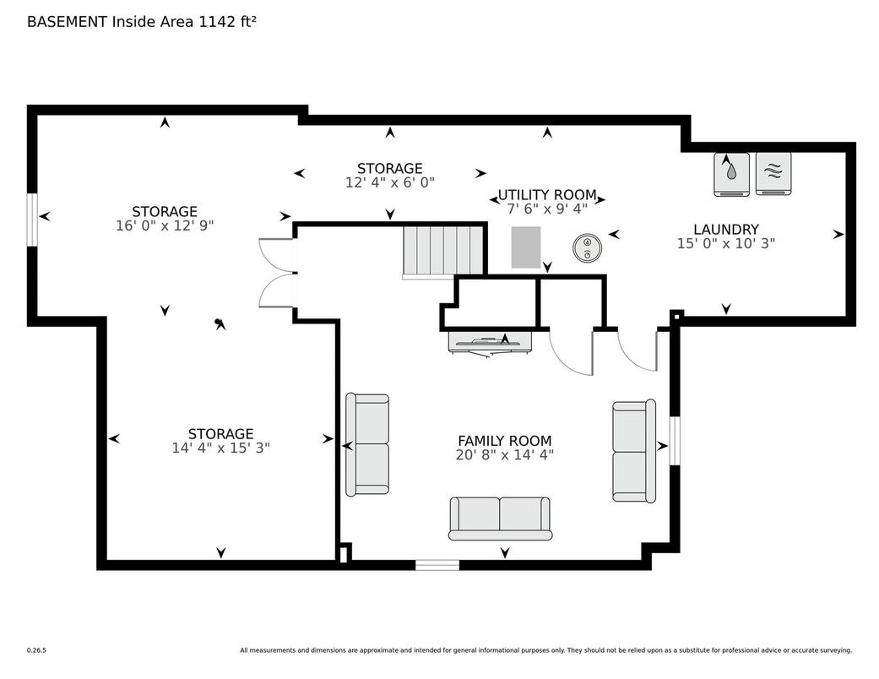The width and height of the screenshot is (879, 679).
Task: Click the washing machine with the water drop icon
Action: click(731, 174)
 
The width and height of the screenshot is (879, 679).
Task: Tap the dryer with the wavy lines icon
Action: click(773, 174)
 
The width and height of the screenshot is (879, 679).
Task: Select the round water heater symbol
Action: click(588, 247)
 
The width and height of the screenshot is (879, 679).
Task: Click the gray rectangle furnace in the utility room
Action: click(526, 247)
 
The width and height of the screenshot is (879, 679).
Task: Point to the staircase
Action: click(442, 252)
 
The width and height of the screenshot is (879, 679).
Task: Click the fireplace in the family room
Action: click(491, 343)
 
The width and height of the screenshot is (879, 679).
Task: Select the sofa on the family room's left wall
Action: click(367, 444)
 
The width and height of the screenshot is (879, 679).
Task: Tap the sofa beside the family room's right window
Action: click(634, 450)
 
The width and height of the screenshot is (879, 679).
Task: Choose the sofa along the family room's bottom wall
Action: click(500, 518)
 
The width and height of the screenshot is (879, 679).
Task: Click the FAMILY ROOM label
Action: click(505, 441)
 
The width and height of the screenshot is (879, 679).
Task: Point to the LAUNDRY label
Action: click(726, 230)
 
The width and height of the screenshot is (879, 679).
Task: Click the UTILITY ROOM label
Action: click(547, 195)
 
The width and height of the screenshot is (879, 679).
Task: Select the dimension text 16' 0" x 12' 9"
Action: click(165, 225)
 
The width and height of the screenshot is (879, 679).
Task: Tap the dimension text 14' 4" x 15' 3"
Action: click(221, 448)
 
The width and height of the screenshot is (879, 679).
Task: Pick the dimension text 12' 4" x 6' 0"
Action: click(390, 182)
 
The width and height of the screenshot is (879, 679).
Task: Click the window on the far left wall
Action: click(33, 220)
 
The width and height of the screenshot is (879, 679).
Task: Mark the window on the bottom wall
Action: click(437, 565)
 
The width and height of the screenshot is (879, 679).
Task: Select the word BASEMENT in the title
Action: click(68, 22)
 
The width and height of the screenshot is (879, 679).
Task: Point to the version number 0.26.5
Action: click(36, 650)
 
